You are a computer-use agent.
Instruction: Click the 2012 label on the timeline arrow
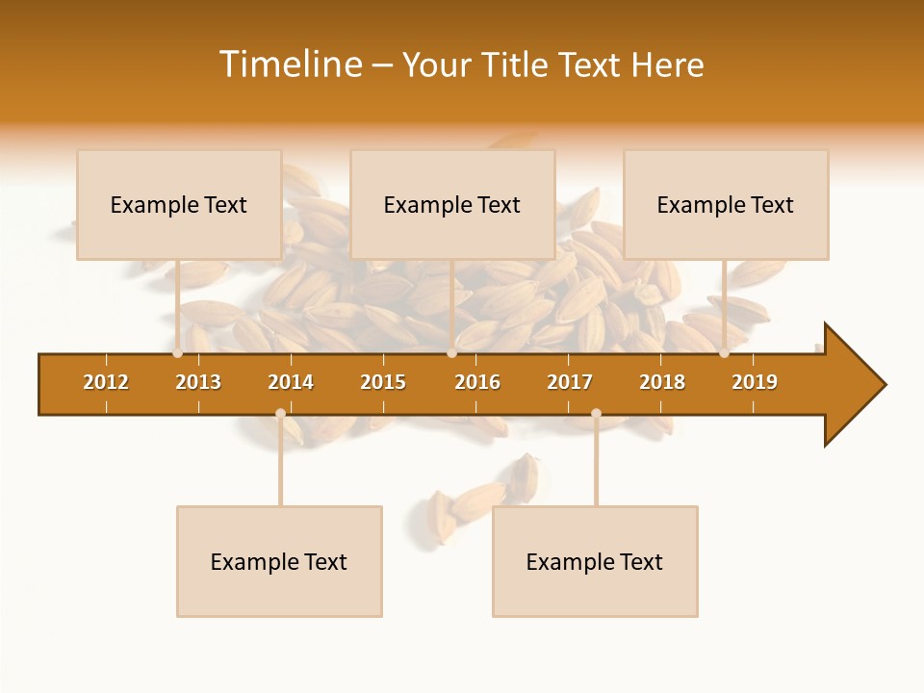(x=106, y=382)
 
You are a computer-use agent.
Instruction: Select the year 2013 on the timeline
(x=198, y=382)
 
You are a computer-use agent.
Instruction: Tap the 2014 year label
(x=291, y=382)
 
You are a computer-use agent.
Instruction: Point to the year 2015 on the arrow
(x=383, y=382)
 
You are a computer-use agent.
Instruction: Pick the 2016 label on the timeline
(x=477, y=382)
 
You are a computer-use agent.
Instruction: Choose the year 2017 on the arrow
(x=570, y=382)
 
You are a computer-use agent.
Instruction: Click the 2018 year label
(x=662, y=382)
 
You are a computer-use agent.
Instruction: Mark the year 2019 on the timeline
(x=755, y=382)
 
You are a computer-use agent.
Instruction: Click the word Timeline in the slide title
(x=291, y=64)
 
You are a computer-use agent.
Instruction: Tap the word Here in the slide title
(x=667, y=64)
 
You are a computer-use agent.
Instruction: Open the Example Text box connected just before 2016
(x=452, y=204)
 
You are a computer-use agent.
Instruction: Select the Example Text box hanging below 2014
(x=279, y=561)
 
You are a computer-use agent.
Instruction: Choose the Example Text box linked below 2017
(x=595, y=561)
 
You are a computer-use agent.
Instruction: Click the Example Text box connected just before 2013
(x=179, y=204)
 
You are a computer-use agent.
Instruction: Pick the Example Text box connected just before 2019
(x=726, y=204)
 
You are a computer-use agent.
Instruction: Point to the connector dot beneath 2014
(x=280, y=413)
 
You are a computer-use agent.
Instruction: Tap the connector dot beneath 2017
(x=596, y=413)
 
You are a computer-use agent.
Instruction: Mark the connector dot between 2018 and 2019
(x=724, y=353)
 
